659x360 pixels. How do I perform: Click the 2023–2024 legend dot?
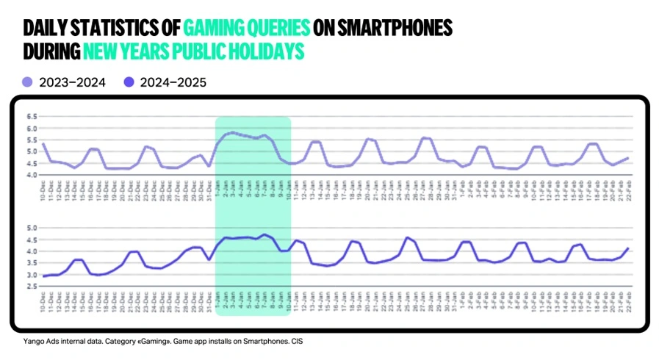[x=28, y=82]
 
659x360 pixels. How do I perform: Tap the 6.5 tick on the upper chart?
[x=32, y=117]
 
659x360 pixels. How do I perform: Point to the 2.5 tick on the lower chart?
[x=32, y=287]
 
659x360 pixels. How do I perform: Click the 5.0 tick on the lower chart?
[x=32, y=228]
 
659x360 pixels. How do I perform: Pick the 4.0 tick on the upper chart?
[x=32, y=175]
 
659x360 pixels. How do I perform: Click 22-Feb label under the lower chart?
[x=629, y=298]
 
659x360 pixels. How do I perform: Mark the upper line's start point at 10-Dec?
[x=43, y=144]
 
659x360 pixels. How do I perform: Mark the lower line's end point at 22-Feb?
[x=629, y=248]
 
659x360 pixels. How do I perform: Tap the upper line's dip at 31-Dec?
[x=209, y=165]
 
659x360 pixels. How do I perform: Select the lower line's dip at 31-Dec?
[x=209, y=259]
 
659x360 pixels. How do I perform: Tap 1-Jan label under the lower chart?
[x=217, y=298]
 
